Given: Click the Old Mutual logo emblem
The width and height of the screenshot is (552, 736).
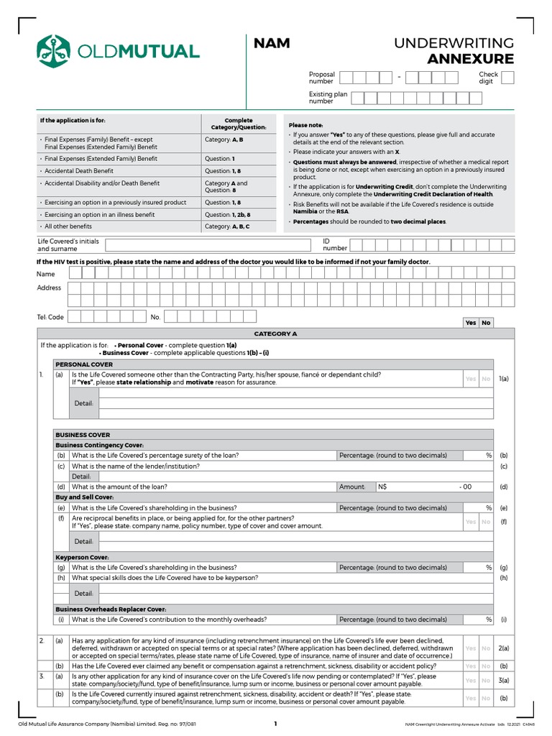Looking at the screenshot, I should pyautogui.click(x=54, y=50).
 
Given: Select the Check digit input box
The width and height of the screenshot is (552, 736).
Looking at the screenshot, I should pyautogui.click(x=507, y=78).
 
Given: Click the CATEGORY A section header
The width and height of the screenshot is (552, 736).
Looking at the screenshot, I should pyautogui.click(x=275, y=333).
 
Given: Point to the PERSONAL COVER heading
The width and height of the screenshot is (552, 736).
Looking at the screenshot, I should pyautogui.click(x=84, y=364).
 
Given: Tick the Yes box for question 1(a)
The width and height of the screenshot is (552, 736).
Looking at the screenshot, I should pyautogui.click(x=471, y=379).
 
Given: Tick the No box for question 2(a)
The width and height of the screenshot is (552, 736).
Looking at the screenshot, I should pyautogui.click(x=486, y=648).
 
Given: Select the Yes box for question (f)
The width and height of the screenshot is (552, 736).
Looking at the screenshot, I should pyautogui.click(x=471, y=522).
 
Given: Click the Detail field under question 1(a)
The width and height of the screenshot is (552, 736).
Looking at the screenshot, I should pyautogui.click(x=295, y=403).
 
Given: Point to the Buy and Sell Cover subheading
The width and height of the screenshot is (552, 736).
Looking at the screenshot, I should pyautogui.click(x=85, y=497).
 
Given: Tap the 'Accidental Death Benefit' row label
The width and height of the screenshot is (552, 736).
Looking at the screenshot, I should pyautogui.click(x=79, y=171).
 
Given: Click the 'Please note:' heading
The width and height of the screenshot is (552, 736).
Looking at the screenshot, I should pyautogui.click(x=305, y=125).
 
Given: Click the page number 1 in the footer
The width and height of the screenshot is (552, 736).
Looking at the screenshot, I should pyautogui.click(x=275, y=724).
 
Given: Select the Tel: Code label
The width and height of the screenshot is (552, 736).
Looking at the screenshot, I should pyautogui.click(x=50, y=317).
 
